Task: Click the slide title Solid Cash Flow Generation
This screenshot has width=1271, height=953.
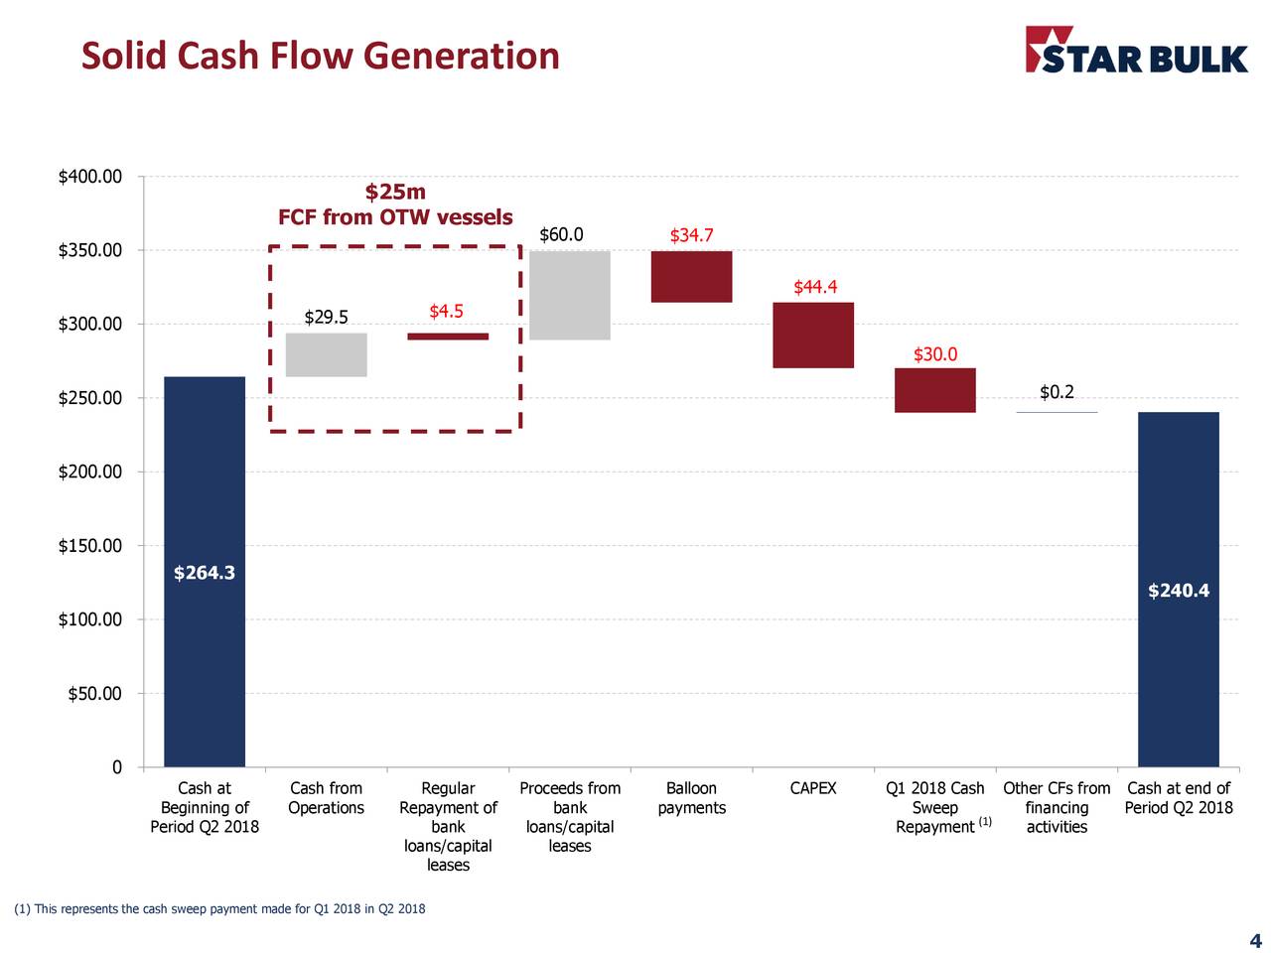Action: [x=320, y=56]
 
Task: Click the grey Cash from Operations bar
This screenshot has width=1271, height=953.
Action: [x=326, y=354]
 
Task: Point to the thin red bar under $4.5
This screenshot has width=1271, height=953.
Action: [x=448, y=337]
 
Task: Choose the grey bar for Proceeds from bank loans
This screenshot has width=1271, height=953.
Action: [x=570, y=295]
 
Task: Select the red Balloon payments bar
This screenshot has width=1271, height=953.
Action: [x=691, y=276]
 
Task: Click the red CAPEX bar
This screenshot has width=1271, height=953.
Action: [x=813, y=335]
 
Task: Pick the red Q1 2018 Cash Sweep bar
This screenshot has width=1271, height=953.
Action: [x=934, y=389]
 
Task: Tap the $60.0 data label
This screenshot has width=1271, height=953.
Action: [x=561, y=235]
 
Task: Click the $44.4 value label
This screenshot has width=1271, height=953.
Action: [x=815, y=288]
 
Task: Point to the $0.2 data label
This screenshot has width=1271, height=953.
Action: [x=1057, y=392]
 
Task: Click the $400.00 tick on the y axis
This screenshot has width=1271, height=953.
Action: [x=90, y=178]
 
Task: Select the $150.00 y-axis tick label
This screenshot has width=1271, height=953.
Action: [x=90, y=546]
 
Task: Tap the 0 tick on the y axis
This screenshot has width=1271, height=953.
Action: [x=116, y=767]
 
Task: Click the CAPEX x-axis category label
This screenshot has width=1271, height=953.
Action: [x=813, y=789]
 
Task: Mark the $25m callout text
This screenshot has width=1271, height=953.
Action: [x=395, y=192]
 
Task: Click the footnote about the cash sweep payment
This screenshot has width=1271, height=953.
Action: [x=218, y=909]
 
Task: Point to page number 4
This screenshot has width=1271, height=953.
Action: [x=1254, y=941]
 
